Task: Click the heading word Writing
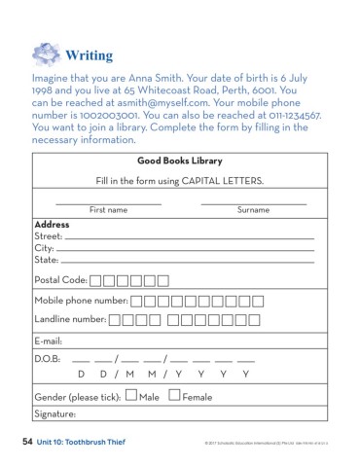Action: pyautogui.click(x=90, y=52)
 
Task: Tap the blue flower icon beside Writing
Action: pyautogui.click(x=46, y=52)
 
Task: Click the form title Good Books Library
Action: pyautogui.click(x=180, y=161)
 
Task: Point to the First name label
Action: pyautogui.click(x=108, y=210)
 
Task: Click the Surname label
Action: pyautogui.click(x=253, y=210)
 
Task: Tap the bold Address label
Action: pyautogui.click(x=52, y=224)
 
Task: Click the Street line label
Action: pyautogui.click(x=48, y=236)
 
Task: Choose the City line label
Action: pyautogui.click(x=45, y=248)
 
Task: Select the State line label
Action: pyautogui.click(x=46, y=260)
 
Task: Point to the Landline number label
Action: pyautogui.click(x=70, y=319)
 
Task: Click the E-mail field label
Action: pyautogui.click(x=49, y=341)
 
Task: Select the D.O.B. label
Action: pyautogui.click(x=48, y=359)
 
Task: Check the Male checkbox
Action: pyautogui.click(x=131, y=396)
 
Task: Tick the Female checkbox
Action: pyautogui.click(x=174, y=396)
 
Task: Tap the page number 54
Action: pyautogui.click(x=27, y=442)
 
